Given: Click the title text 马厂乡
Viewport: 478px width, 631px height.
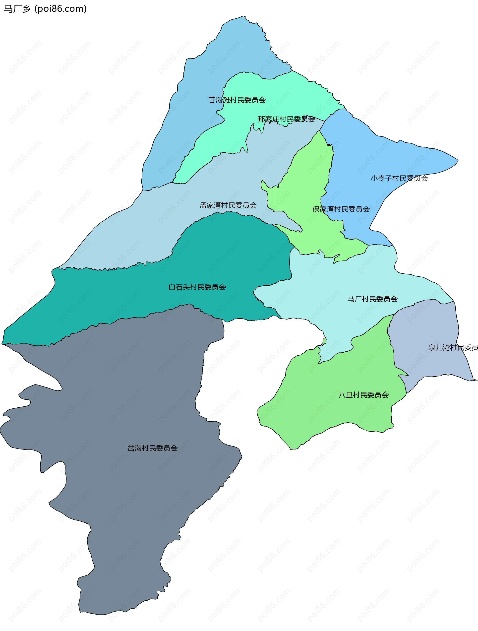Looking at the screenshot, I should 17,9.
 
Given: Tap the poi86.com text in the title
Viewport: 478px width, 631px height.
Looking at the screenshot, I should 60,9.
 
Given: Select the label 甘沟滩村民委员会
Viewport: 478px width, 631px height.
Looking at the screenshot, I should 237,100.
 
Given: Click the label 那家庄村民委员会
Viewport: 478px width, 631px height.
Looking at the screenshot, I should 286,119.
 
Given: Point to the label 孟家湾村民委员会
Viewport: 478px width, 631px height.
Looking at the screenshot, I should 228,205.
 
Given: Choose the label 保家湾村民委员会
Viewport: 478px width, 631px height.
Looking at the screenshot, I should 341,209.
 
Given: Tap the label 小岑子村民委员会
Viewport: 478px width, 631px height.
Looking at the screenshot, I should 399,178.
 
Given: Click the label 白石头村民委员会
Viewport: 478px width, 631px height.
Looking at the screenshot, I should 197,287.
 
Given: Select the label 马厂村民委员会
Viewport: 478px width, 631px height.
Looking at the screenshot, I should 372,299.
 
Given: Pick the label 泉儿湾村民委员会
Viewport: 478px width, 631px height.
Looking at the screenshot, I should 453,347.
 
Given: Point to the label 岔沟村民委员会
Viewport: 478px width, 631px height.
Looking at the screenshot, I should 152,448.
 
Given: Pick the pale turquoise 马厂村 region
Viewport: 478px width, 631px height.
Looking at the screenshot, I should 342,280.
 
